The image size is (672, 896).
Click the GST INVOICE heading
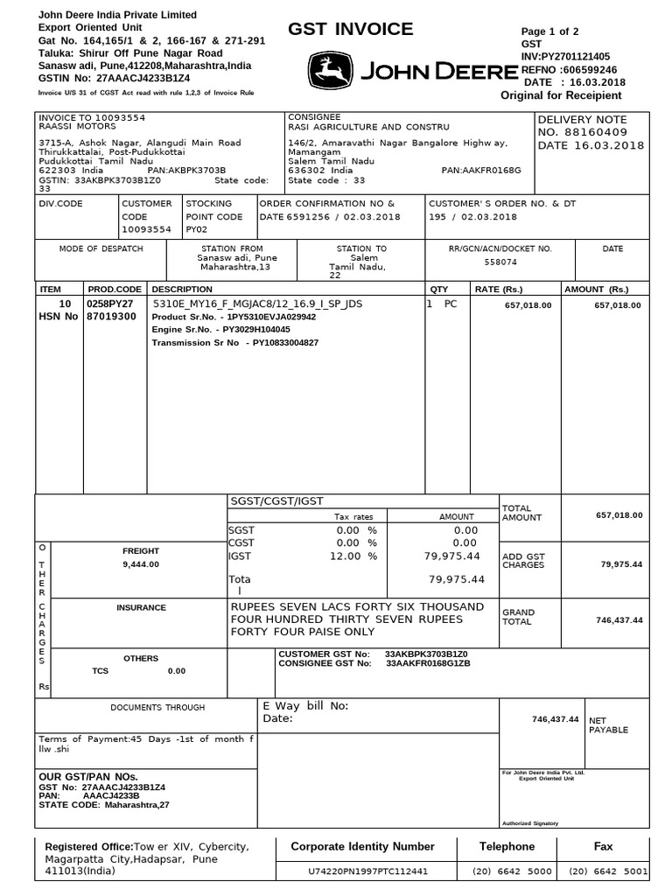click(x=350, y=30)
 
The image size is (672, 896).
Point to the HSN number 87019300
click(x=113, y=317)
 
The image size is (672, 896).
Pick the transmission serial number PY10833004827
click(x=285, y=343)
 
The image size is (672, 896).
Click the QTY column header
click(x=437, y=289)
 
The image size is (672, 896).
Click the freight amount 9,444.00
click(x=141, y=564)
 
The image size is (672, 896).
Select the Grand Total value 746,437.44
click(x=619, y=619)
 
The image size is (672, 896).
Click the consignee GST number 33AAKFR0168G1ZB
click(x=428, y=664)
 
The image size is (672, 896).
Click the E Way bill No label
click(x=305, y=705)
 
